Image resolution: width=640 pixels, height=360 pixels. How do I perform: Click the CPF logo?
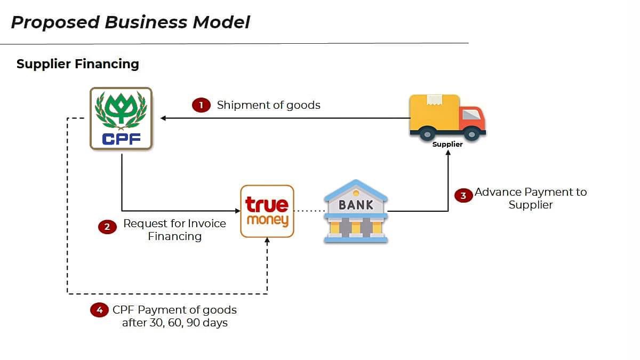click(x=121, y=118)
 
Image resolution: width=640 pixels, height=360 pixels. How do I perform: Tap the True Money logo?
click(x=267, y=211)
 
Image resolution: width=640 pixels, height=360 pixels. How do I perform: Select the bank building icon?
click(x=356, y=211)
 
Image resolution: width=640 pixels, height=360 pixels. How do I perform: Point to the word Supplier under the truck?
click(x=447, y=144)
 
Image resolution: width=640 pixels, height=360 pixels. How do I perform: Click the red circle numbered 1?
click(x=201, y=105)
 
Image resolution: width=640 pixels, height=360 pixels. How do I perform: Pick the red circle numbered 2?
click(x=107, y=227)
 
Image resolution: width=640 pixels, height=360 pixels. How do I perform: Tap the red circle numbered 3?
click(x=463, y=196)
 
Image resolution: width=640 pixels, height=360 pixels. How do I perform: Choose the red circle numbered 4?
click(x=99, y=310)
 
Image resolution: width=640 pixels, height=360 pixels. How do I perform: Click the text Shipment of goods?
click(x=268, y=105)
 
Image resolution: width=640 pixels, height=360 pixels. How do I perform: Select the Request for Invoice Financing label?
click(x=174, y=230)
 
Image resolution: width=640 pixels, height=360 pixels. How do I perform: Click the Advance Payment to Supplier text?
click(x=531, y=198)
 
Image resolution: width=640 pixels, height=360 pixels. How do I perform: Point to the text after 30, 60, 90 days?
click(x=175, y=323)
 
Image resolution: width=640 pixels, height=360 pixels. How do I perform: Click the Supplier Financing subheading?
click(x=78, y=64)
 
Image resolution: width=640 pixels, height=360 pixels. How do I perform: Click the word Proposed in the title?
click(x=55, y=22)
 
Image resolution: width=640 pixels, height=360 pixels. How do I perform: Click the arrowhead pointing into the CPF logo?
click(x=163, y=118)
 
